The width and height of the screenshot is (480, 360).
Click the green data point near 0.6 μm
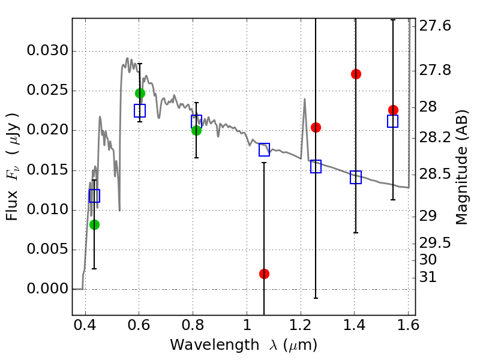pyautogui.click(x=140, y=93)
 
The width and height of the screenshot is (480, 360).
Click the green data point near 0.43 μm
pyautogui.click(x=94, y=224)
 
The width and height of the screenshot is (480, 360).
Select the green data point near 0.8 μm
pyautogui.click(x=196, y=130)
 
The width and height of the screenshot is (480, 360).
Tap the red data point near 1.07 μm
pyautogui.click(x=264, y=274)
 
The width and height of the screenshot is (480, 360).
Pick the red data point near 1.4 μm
pyautogui.click(x=356, y=74)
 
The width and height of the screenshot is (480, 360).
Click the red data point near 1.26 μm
pyautogui.click(x=316, y=127)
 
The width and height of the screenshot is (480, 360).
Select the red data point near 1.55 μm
pyautogui.click(x=393, y=110)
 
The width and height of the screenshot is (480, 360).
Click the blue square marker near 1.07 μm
pyautogui.click(x=264, y=150)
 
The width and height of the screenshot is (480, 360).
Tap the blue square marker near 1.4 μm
pyautogui.click(x=356, y=177)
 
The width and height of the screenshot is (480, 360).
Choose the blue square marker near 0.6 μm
pyautogui.click(x=140, y=110)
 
